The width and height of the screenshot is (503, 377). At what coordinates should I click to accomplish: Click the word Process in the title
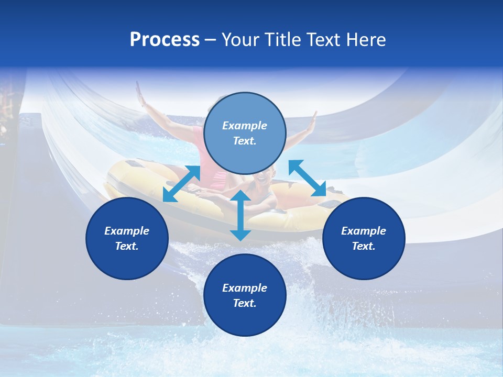(x=165, y=40)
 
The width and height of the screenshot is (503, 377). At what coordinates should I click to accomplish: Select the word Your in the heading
(x=238, y=40)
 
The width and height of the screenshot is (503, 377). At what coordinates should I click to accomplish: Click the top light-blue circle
(x=245, y=133)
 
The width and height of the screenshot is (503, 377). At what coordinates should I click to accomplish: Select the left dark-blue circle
(x=127, y=238)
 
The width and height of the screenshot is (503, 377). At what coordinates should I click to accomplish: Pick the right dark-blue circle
(x=364, y=238)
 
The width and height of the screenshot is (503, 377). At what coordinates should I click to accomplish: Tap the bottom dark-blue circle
(x=245, y=295)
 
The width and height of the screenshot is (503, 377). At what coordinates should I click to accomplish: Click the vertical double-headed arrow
(x=240, y=215)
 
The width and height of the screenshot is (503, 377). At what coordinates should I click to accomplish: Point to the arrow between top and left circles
(x=181, y=184)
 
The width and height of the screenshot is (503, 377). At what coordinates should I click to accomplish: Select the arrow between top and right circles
(x=308, y=178)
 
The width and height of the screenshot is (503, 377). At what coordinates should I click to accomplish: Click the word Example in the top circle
(x=245, y=126)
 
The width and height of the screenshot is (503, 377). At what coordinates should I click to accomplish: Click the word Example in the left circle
(x=127, y=231)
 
